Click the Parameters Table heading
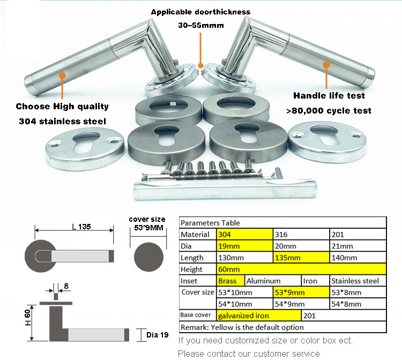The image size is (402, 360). pos(210,223)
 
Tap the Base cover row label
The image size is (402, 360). pos(197,316)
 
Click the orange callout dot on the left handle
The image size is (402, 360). pos(63,76)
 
